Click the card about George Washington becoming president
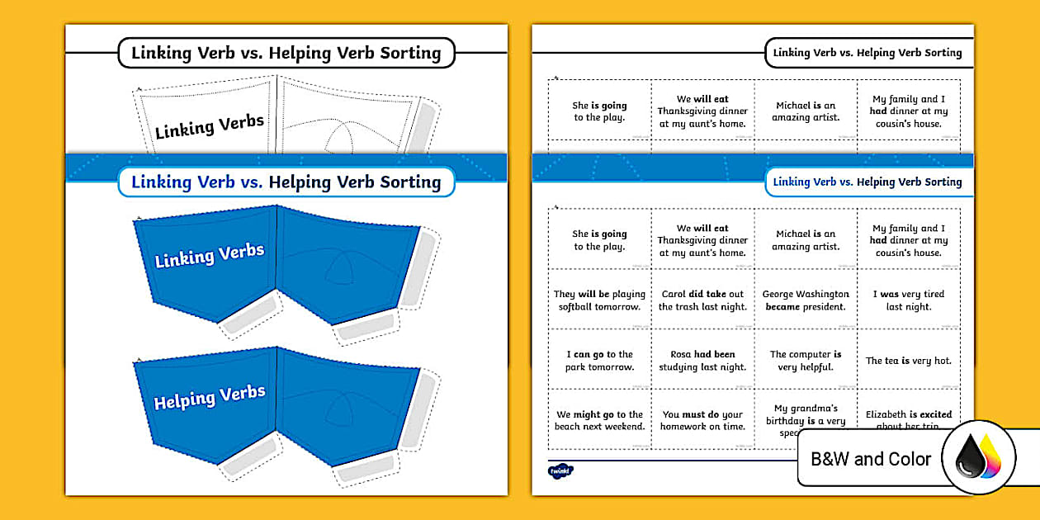point(806,300)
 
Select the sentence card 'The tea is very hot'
point(908,361)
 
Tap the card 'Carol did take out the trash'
point(702,300)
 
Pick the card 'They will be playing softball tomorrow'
point(599,300)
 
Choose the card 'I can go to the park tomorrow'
point(599,361)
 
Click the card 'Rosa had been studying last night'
point(702,361)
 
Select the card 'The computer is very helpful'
point(806,361)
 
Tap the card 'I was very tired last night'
point(908,300)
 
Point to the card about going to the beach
point(599,421)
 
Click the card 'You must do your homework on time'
point(702,421)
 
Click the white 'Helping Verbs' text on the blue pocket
point(210,397)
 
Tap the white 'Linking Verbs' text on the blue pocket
point(210,255)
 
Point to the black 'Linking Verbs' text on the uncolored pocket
point(210,126)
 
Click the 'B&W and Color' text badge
point(871,459)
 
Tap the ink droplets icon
point(978,458)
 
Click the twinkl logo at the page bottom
point(560,471)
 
